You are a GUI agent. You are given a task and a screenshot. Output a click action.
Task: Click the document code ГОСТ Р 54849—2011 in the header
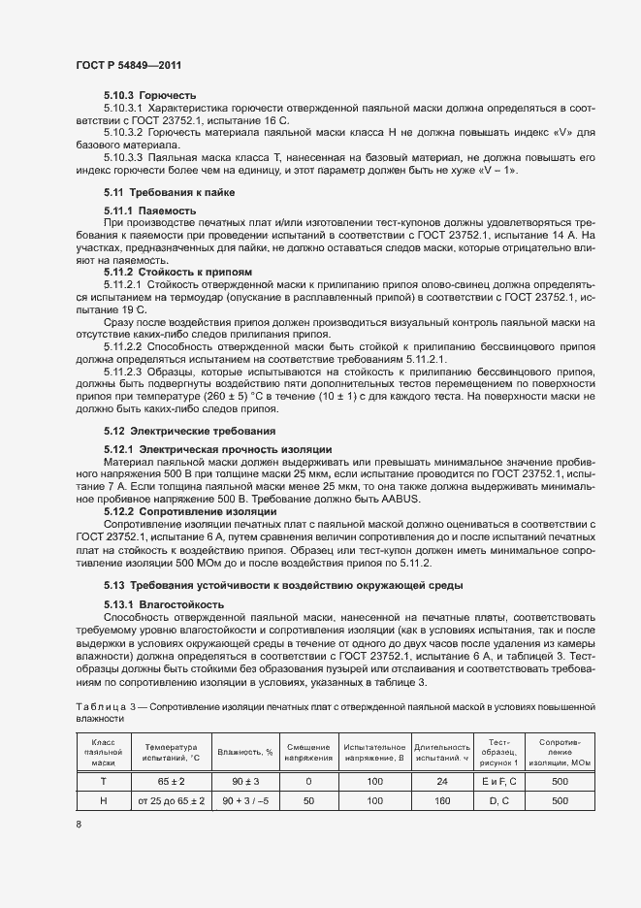point(129,64)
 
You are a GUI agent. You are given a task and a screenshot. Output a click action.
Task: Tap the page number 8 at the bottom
point(79,825)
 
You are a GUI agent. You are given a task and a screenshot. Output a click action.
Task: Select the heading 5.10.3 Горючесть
point(150,95)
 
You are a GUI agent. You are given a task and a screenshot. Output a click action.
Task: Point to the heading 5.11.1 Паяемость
point(150,211)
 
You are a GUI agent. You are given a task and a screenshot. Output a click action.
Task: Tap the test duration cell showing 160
point(442,801)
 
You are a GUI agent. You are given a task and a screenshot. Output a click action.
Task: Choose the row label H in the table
point(103,801)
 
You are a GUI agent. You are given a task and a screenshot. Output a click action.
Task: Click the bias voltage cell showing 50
point(307,801)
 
